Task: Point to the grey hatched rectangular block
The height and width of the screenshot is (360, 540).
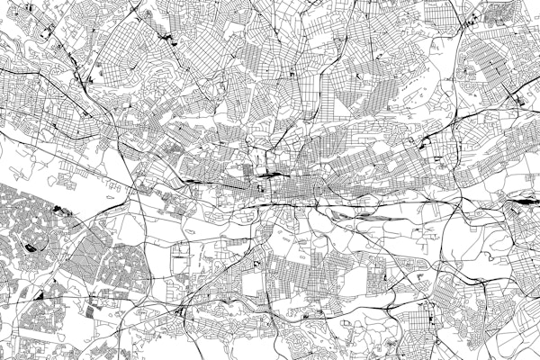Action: (95, 310)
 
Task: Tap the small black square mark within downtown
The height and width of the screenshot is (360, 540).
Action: (260, 189)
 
